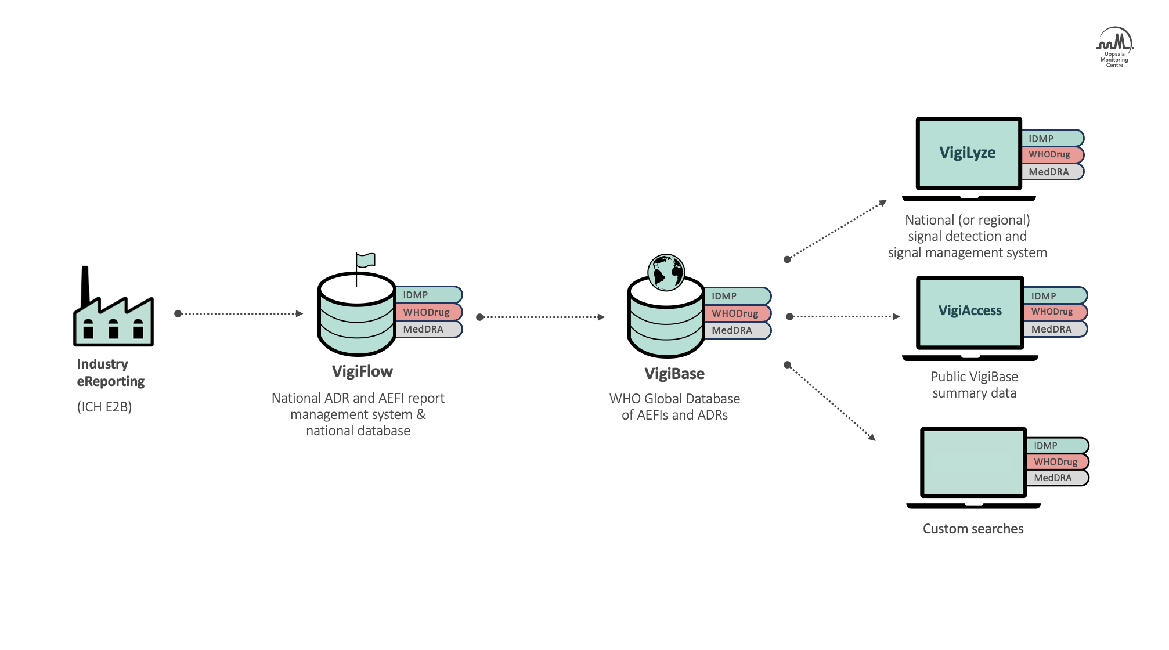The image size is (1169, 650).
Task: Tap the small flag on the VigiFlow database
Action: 365,260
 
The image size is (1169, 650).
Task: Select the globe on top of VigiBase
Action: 666,272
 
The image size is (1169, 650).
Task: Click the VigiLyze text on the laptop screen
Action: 968,153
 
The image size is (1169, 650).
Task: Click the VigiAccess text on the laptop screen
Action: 970,310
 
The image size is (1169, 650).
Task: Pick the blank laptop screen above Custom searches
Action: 973,463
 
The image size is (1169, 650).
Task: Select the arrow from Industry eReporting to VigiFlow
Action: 239,313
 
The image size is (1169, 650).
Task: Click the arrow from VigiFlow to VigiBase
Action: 541,317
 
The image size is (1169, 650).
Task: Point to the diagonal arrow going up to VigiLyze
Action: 836,230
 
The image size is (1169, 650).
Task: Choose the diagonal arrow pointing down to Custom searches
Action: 831,401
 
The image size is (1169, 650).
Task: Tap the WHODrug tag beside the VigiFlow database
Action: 427,312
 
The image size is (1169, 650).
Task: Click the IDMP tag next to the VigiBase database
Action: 736,296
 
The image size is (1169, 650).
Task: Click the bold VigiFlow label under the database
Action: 362,371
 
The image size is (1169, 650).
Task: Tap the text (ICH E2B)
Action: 104,407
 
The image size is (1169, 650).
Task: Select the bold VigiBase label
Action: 674,374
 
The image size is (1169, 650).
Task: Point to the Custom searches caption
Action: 973,529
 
